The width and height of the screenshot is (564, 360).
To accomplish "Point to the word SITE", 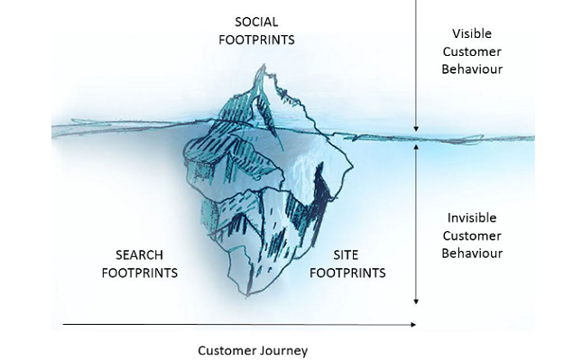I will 347,254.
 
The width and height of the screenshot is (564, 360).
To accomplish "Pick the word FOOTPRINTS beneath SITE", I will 347,272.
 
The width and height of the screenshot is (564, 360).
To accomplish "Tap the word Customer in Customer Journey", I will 225,350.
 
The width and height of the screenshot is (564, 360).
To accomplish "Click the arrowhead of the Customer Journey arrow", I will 413,323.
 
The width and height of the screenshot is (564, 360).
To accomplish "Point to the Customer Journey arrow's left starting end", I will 63,323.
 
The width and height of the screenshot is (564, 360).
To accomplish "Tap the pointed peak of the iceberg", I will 261,66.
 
